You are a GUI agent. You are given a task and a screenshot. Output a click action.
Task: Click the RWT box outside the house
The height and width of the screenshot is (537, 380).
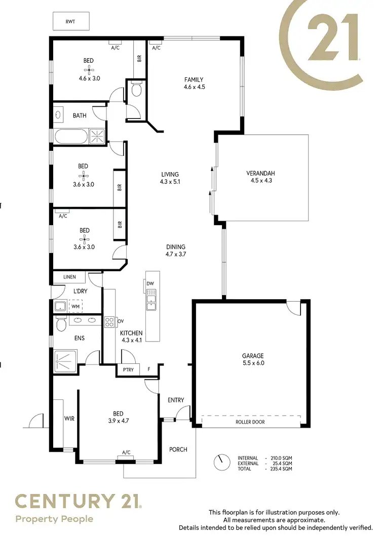click(71, 22)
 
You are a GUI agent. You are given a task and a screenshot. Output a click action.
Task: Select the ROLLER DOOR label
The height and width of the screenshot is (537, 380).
click(250, 422)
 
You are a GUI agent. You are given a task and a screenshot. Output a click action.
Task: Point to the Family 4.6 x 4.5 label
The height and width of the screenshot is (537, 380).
click(194, 83)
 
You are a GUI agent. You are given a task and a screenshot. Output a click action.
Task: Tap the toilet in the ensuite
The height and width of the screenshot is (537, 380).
click(60, 323)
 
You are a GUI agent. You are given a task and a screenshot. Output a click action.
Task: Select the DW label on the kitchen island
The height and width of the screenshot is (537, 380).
click(150, 283)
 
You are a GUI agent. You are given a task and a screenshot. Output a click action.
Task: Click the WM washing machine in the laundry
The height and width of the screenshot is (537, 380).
click(75, 306)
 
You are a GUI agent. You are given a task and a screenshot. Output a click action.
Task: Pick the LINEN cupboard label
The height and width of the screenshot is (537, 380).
click(69, 277)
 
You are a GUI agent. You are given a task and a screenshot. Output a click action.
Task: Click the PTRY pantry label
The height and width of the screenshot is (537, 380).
click(129, 370)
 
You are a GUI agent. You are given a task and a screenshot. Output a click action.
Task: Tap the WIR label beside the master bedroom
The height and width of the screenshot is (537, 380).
click(69, 419)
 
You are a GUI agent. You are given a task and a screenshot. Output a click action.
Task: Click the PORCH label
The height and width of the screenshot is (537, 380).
click(178, 449)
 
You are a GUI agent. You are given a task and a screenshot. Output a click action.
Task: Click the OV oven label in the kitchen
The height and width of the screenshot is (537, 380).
click(120, 321)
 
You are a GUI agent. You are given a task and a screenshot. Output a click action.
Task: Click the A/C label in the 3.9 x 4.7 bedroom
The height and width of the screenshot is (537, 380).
click(126, 452)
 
